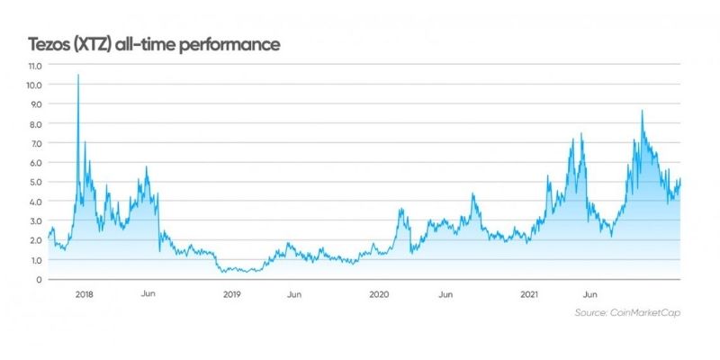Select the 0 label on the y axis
(x=38, y=280)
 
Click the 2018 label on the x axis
(x=85, y=294)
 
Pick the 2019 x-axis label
(x=231, y=294)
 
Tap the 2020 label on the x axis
(x=379, y=294)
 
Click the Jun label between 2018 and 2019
(x=149, y=294)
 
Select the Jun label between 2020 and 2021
(x=445, y=294)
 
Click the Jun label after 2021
(x=592, y=294)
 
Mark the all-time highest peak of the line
(x=78, y=76)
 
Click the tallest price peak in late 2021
(x=642, y=111)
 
